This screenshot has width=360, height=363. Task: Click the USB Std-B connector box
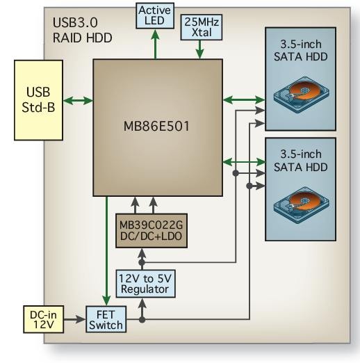[x=37, y=101]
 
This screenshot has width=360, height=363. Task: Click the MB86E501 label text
[x=158, y=129]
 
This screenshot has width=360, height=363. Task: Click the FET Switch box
[x=105, y=318]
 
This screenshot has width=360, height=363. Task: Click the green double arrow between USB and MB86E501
[x=78, y=101]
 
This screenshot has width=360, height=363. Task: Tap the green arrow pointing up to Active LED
[x=155, y=46]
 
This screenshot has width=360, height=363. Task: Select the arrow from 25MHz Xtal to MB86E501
[x=200, y=49]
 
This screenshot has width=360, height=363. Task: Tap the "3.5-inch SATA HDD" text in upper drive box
[x=301, y=54]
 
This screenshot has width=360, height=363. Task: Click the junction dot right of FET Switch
[x=142, y=320]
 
